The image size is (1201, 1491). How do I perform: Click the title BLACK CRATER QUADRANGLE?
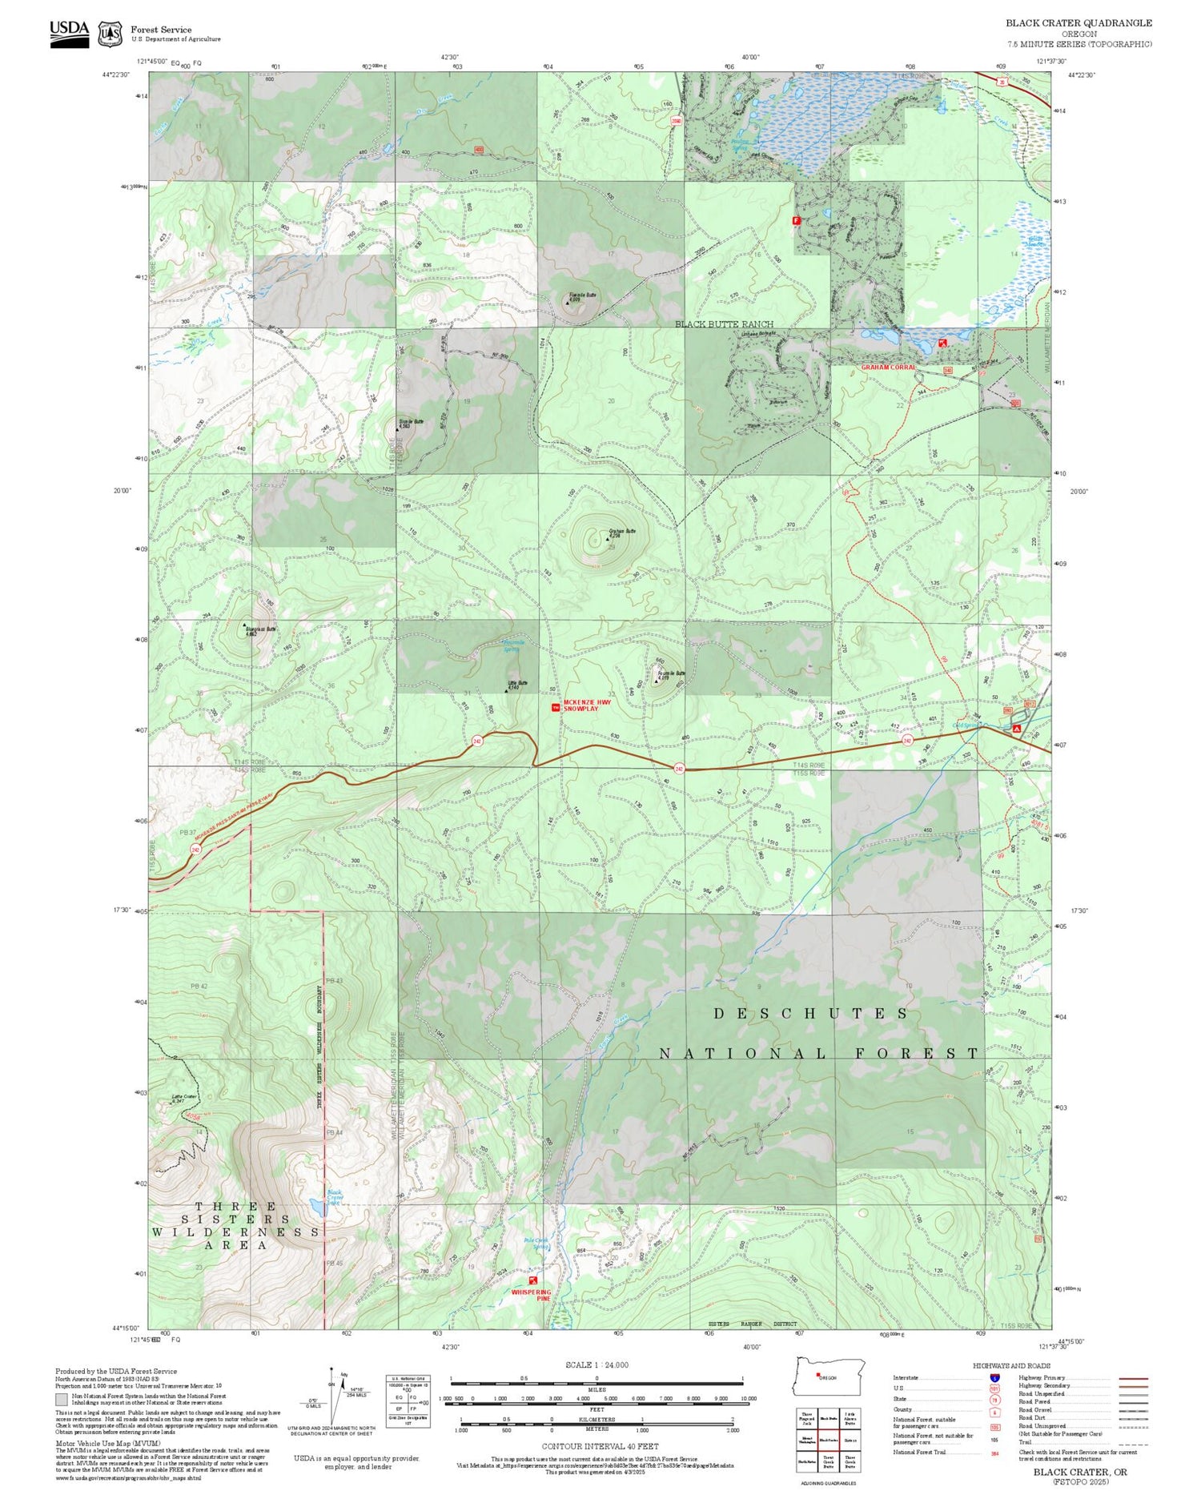[x=1078, y=23]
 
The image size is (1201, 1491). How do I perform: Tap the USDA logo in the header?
[x=70, y=34]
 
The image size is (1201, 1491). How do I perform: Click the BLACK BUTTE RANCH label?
[x=724, y=324]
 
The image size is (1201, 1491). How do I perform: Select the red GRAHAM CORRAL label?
[x=888, y=368]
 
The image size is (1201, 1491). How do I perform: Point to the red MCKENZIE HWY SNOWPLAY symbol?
[x=556, y=708]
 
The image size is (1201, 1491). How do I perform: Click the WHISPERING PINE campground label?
[x=532, y=1296]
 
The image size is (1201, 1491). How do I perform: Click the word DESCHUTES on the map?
[x=811, y=1014]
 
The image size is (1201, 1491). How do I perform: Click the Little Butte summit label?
[x=517, y=685]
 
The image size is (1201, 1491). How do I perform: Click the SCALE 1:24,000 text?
[x=596, y=1364]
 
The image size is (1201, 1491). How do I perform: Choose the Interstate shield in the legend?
[x=994, y=1377]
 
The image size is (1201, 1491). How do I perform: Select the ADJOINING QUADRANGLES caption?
[x=828, y=1483]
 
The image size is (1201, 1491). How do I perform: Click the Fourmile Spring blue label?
[x=512, y=645]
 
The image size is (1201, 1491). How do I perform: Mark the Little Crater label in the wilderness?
[x=184, y=1098]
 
